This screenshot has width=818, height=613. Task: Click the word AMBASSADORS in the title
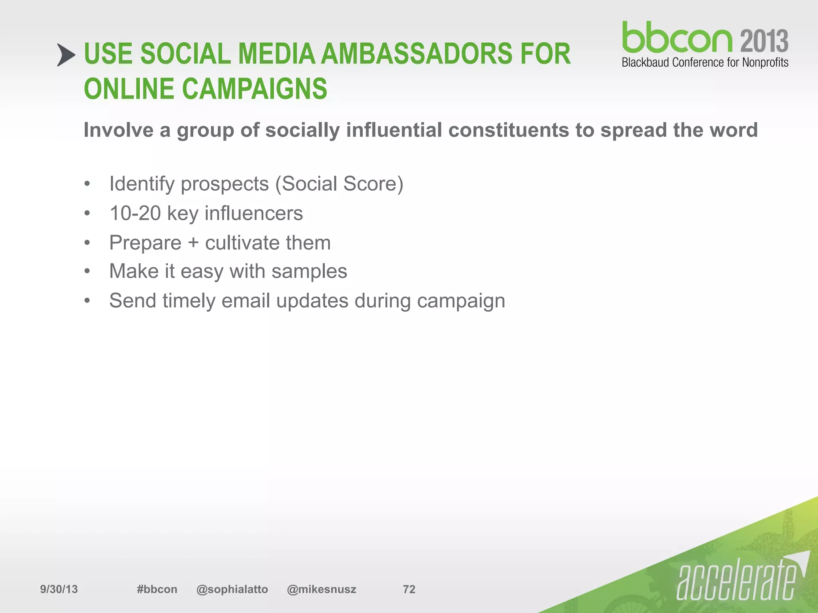(x=416, y=54)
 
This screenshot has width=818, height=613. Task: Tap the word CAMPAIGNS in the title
(x=254, y=89)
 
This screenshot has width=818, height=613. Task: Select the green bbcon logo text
(x=677, y=38)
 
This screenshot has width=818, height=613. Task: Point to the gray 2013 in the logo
(x=764, y=41)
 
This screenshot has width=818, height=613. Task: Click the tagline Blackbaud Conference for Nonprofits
(x=705, y=63)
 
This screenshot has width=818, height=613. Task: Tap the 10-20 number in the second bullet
(x=135, y=213)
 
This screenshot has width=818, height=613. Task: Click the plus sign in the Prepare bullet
(x=193, y=243)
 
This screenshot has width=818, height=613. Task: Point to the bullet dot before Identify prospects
(x=87, y=184)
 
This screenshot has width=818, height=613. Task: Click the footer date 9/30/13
(x=59, y=589)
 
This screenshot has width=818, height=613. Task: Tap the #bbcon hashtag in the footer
(x=157, y=589)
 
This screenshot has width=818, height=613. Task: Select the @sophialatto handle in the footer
(x=232, y=589)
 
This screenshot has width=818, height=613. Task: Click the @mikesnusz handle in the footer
(x=322, y=589)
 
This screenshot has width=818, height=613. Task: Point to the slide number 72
(x=409, y=589)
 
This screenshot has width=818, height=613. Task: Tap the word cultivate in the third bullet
(x=242, y=243)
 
